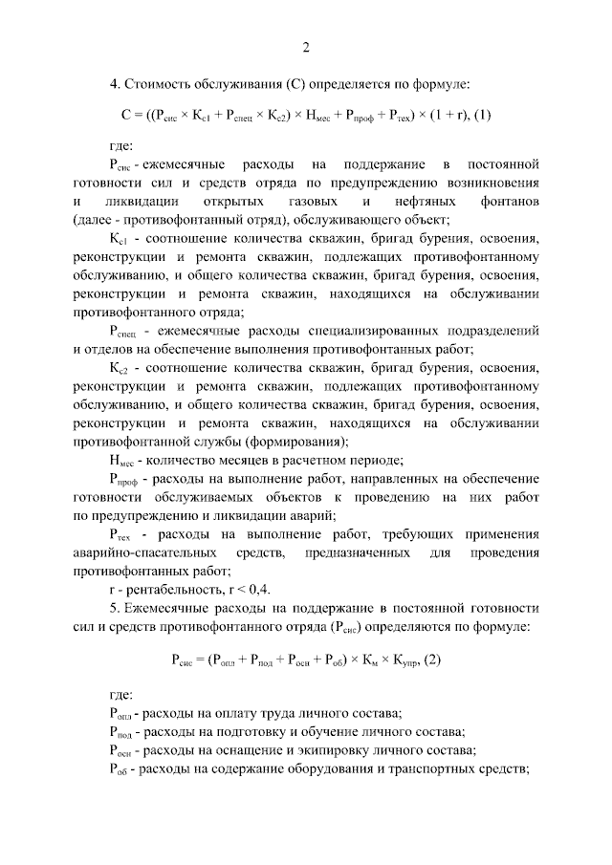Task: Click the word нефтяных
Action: [410, 203]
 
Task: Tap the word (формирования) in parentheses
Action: [296, 442]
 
